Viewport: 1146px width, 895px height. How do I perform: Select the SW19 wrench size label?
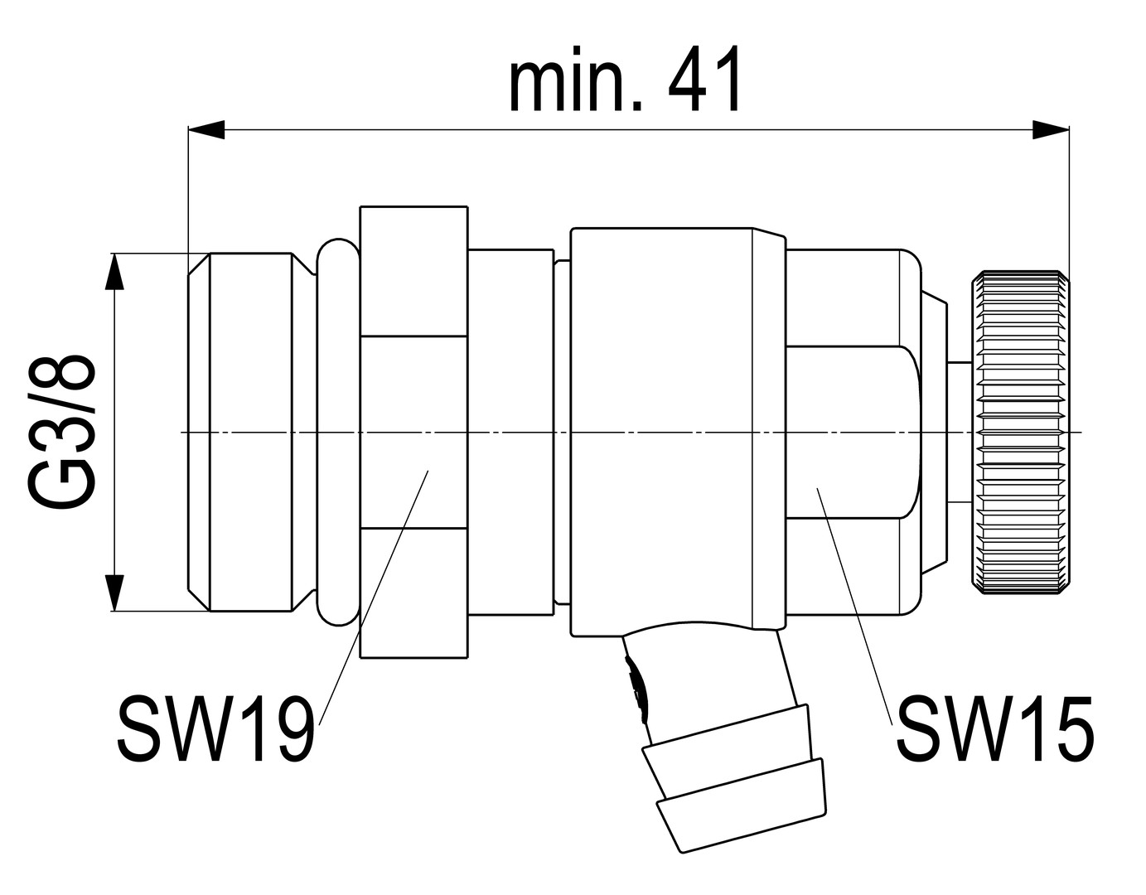click(x=215, y=729)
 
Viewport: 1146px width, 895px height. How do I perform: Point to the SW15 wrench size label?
click(x=994, y=729)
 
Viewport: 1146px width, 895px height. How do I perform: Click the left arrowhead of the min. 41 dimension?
click(x=207, y=129)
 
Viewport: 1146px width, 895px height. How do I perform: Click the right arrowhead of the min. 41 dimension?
click(x=1051, y=129)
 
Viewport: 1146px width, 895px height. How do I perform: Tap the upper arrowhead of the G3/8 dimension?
click(x=114, y=272)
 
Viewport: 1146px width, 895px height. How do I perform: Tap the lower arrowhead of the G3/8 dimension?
click(x=114, y=592)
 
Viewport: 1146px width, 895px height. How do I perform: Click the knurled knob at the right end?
click(x=1020, y=432)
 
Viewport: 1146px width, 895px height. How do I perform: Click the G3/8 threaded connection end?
click(x=249, y=432)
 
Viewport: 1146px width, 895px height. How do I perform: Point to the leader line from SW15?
click(x=853, y=605)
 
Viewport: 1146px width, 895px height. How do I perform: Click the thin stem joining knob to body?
click(x=960, y=432)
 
